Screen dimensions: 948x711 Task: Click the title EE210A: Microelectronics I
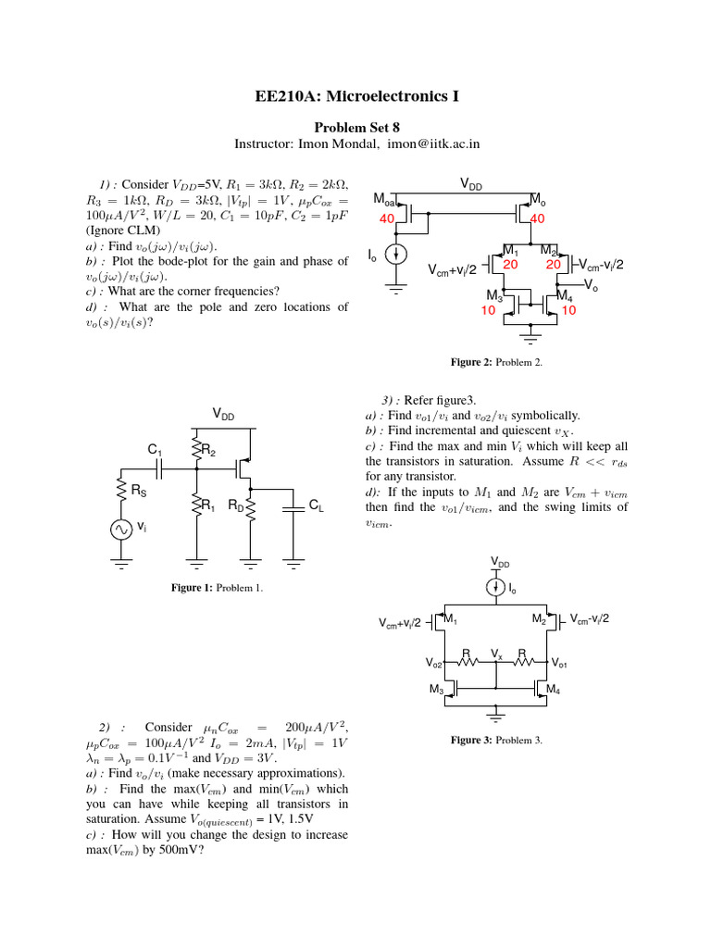pyautogui.click(x=355, y=97)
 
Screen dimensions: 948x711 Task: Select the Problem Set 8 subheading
pyautogui.click(x=355, y=127)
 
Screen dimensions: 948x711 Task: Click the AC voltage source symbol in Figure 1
pyautogui.click(x=121, y=529)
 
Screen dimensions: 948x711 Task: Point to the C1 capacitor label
pyautogui.click(x=155, y=450)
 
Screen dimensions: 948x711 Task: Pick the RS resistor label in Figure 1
pyautogui.click(x=137, y=491)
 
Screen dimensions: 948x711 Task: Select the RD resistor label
pyautogui.click(x=236, y=506)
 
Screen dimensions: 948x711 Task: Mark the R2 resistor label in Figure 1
pyautogui.click(x=208, y=451)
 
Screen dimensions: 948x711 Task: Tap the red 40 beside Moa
pyautogui.click(x=387, y=218)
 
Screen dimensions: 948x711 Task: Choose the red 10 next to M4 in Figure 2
pyautogui.click(x=568, y=311)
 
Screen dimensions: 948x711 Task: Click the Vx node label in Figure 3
pyautogui.click(x=496, y=653)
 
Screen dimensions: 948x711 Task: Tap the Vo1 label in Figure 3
pyautogui.click(x=559, y=664)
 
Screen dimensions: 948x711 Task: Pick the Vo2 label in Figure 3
pyautogui.click(x=434, y=664)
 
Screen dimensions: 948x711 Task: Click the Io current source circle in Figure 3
pyautogui.click(x=497, y=587)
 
